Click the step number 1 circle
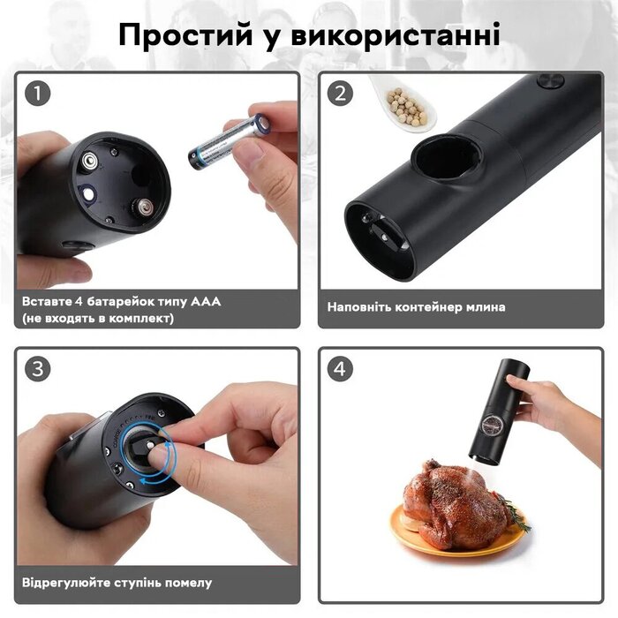coord(38,94)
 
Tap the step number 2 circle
coord(340,94)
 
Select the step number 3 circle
coord(38,369)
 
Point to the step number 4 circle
coord(340,369)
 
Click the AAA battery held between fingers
coord(229,142)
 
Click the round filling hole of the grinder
coord(446,157)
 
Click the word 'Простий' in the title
coord(185,34)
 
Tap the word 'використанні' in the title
coord(396,34)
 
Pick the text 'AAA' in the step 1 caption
coord(206,302)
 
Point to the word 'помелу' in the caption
coord(188,583)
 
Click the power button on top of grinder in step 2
coord(551,81)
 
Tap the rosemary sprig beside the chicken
coord(515,512)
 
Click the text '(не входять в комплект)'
coord(98,318)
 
